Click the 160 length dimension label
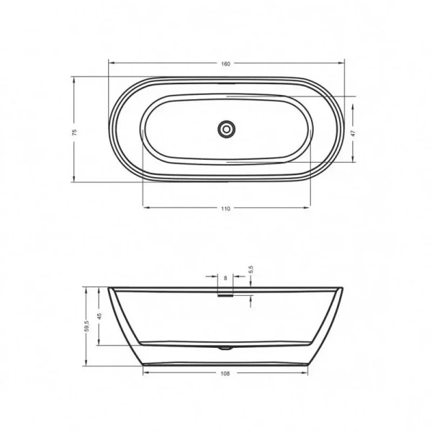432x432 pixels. pos(225,64)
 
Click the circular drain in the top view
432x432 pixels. pos(227,130)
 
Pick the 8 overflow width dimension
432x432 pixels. pos(226,277)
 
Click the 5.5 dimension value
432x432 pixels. pos(251,269)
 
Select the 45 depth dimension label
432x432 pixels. pos(100,315)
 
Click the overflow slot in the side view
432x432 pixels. pos(226,292)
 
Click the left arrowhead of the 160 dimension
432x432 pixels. pos(110,64)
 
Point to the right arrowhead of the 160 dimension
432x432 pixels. pos(342,64)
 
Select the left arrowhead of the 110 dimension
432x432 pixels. pos(145,208)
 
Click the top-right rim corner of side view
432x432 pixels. pos(343,289)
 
